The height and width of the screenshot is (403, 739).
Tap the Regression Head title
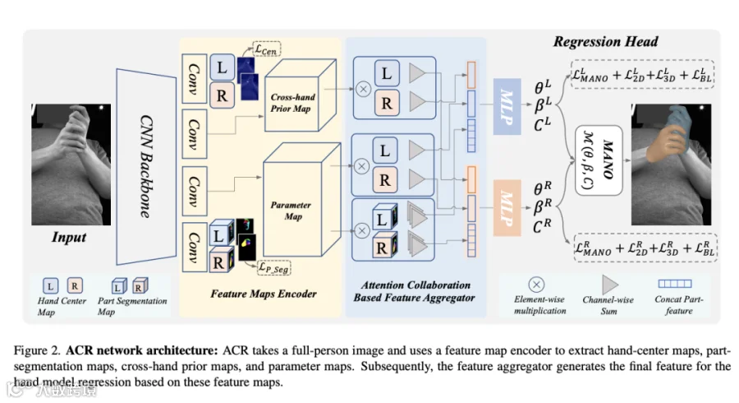(x=605, y=42)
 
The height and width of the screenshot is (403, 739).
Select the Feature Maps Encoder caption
(x=263, y=293)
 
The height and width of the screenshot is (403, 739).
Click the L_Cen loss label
(x=268, y=49)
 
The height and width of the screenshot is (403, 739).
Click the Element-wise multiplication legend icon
(x=536, y=285)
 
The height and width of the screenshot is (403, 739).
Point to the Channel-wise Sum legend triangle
(x=611, y=285)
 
